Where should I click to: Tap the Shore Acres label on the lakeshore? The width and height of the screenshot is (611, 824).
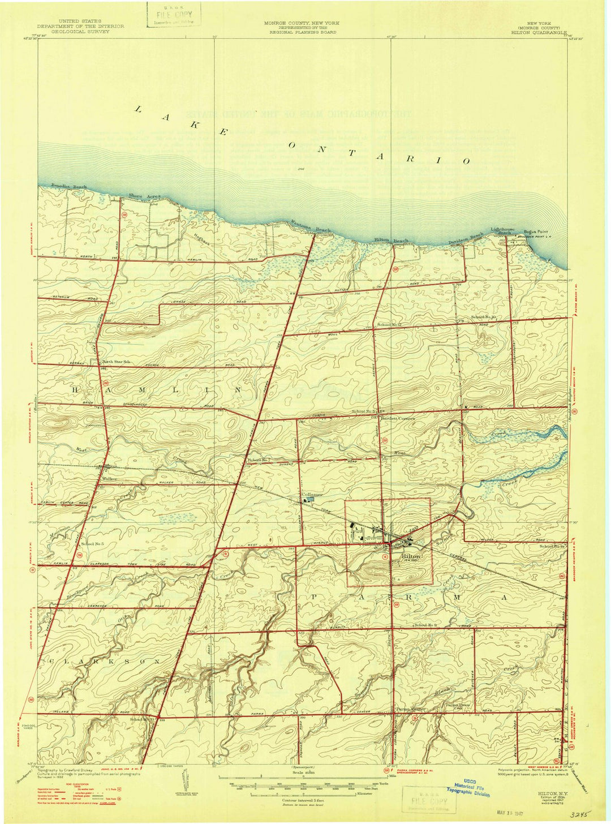click(144, 196)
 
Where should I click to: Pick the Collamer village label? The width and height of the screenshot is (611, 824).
click(312, 494)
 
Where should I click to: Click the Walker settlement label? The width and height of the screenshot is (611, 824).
click(109, 479)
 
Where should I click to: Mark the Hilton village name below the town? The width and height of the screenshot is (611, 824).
click(410, 556)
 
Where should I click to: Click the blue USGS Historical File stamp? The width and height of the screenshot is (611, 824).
click(468, 789)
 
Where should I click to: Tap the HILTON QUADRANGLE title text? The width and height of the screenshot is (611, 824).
click(539, 33)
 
